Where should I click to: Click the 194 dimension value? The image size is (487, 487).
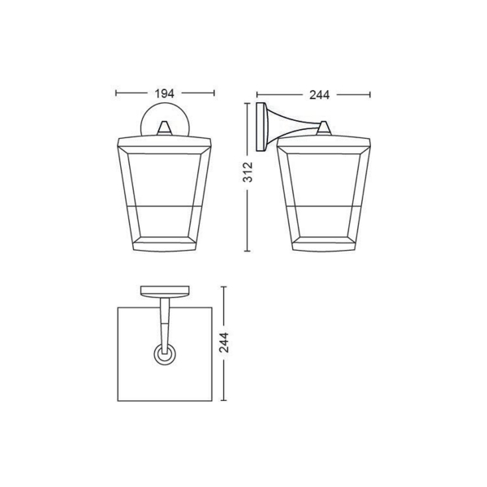point(165,93)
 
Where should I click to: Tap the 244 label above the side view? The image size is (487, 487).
point(319,95)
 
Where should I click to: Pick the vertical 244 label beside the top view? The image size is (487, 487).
point(224,343)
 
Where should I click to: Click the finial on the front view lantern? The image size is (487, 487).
point(165,127)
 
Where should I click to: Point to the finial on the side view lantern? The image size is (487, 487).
point(324,128)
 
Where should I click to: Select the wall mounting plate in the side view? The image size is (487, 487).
point(261,127)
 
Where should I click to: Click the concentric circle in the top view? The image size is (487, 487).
point(165,355)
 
